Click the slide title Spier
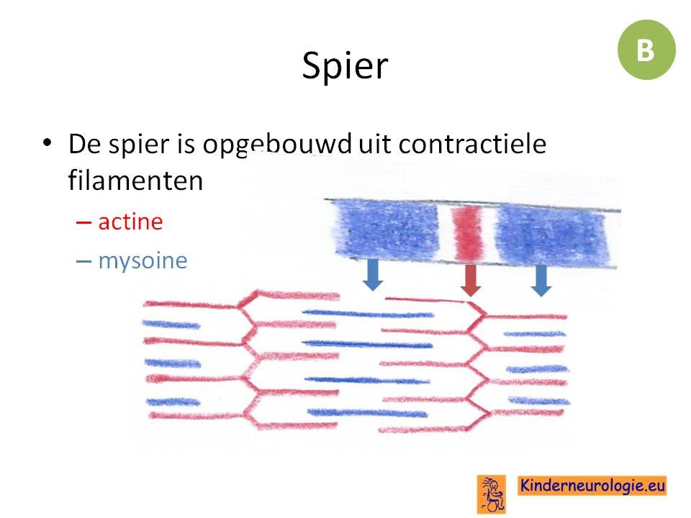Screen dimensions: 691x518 [345, 66]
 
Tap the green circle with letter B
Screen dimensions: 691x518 [646, 50]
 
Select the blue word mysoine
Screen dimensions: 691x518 [143, 261]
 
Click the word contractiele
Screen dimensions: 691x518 [472, 144]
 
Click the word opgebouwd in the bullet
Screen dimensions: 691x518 [277, 145]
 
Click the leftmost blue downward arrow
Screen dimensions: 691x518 [373, 275]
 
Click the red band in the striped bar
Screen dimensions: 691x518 [467, 234]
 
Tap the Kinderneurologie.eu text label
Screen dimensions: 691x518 [592, 486]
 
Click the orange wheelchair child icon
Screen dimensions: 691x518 [492, 494]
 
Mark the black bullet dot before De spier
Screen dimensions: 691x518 [48, 142]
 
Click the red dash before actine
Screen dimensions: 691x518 [83, 222]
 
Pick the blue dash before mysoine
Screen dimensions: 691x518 [83, 262]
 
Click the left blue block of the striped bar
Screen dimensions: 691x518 [387, 230]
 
